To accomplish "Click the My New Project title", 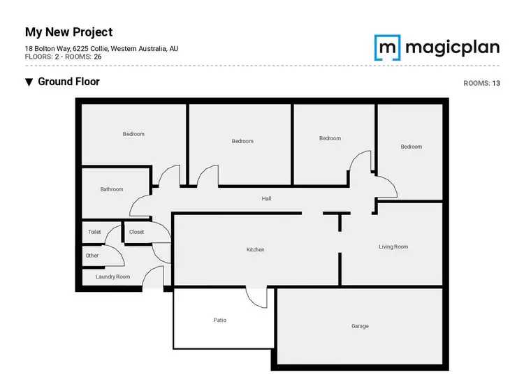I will pyautogui.click(x=68, y=32).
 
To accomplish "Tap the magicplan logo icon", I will pyautogui.click(x=386, y=47).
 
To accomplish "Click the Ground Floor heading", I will pyautogui.click(x=68, y=82).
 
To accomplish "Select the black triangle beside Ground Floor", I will pyautogui.click(x=29, y=82).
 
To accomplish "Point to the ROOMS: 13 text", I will pyautogui.click(x=481, y=83).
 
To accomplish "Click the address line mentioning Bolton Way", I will pyautogui.click(x=101, y=48).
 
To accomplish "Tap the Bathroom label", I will pyautogui.click(x=112, y=189).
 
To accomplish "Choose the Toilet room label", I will pyautogui.click(x=94, y=232).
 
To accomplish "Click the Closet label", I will pyautogui.click(x=136, y=232).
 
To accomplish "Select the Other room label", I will pyautogui.click(x=92, y=256).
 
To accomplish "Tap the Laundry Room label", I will pyautogui.click(x=112, y=276).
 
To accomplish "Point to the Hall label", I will pyautogui.click(x=266, y=199).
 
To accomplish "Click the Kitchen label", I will pyautogui.click(x=256, y=249).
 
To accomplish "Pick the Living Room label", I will pyautogui.click(x=393, y=246).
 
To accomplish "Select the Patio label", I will pyautogui.click(x=220, y=320).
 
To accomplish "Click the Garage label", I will pyautogui.click(x=360, y=326).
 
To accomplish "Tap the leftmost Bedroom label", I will pyautogui.click(x=133, y=134).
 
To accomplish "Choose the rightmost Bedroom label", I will pyautogui.click(x=412, y=147).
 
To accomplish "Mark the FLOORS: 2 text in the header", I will pyautogui.click(x=41, y=56).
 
